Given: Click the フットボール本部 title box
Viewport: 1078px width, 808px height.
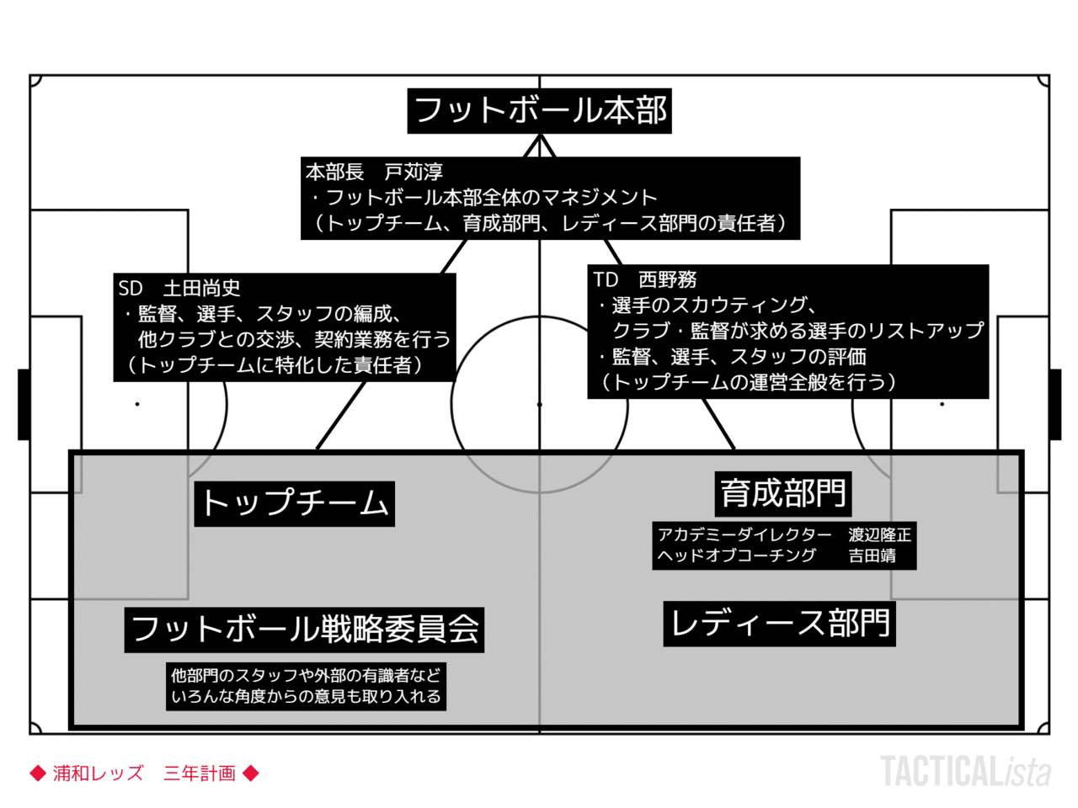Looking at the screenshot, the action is pos(539,111).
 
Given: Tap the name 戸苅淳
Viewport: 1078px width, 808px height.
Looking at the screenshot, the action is pos(414,173).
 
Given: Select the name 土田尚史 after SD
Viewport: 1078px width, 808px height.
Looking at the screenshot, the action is pos(201,288).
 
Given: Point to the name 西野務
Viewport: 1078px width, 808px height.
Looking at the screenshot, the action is pos(667,279).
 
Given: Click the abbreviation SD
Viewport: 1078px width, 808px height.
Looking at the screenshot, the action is pos(131,289).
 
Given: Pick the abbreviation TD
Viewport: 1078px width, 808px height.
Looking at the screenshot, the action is pos(605,279).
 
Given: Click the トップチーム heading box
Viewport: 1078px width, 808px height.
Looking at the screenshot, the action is pos(294,504).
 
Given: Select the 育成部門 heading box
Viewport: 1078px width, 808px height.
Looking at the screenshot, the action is pos(783,494).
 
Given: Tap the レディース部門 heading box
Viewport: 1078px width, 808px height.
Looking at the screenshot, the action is pos(779,624).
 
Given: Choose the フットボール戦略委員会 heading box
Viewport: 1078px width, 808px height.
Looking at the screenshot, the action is pos(304,630).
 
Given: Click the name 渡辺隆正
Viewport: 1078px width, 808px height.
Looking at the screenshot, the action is pos(879,534).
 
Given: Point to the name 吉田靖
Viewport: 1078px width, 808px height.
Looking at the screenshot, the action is pos(872,555).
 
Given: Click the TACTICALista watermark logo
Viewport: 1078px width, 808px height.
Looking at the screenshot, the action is pos(965,771).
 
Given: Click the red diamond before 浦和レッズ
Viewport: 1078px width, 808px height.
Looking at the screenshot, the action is pos(38,773).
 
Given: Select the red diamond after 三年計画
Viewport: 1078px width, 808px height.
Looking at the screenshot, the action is pos(250,773).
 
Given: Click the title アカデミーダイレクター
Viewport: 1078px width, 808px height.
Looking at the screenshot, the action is pos(744,534).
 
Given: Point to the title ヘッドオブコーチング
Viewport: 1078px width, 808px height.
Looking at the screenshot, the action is pos(737,555).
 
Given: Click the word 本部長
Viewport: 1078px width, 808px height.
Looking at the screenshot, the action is pos(334,173).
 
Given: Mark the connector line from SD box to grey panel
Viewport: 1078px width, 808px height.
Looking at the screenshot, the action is pos(341,416).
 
